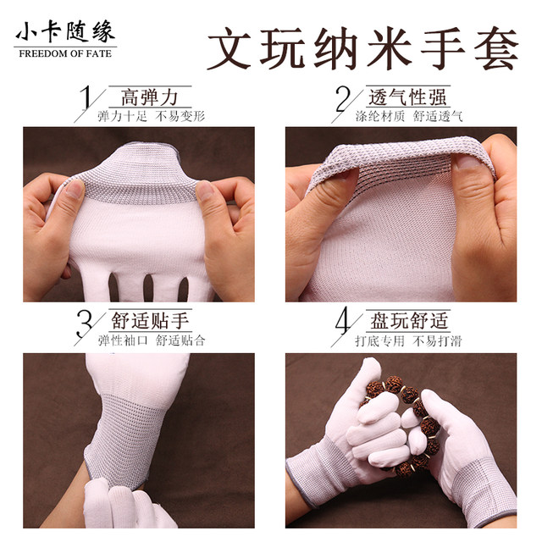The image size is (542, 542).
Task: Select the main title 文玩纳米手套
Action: pyautogui.click(x=362, y=49)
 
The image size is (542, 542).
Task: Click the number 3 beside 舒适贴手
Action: pyautogui.click(x=86, y=325)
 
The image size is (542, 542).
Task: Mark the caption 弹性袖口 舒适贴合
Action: pyautogui.click(x=152, y=341)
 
